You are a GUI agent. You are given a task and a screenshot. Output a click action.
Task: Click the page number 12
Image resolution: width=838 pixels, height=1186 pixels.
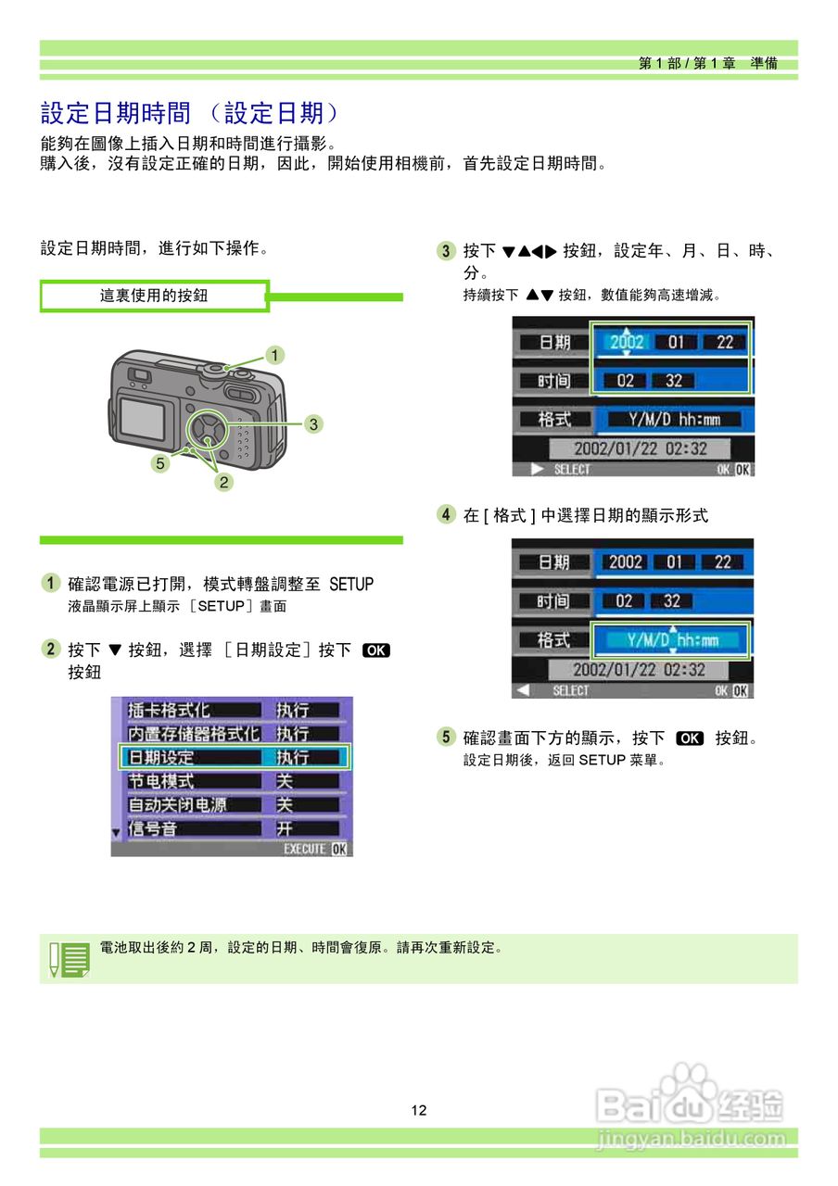pos(419,1110)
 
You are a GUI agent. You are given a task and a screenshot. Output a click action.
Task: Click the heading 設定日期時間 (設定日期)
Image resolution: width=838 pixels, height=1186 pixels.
pos(190,113)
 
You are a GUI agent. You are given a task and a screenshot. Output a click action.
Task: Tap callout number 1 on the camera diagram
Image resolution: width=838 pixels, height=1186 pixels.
pos(273,354)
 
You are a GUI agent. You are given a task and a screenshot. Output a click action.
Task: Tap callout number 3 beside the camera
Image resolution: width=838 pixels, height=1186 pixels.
pos(314,424)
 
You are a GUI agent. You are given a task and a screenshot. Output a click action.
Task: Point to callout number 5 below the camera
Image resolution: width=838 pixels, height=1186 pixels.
pos(160,464)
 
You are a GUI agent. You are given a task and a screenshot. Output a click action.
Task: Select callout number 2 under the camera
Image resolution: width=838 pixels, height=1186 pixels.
pos(223,482)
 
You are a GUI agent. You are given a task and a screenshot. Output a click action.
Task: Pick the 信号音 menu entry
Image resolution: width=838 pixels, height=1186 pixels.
pos(152,828)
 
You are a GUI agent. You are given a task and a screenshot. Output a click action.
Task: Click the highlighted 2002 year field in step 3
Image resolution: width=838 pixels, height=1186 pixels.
pos(627,342)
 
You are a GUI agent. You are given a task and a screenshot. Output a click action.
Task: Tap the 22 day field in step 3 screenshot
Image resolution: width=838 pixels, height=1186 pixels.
pos(724,342)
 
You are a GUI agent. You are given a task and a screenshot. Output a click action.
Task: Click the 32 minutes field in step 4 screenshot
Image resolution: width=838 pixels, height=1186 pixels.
pos(671,600)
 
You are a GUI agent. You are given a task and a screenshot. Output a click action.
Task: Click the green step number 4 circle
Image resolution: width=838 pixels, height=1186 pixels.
pos(447,514)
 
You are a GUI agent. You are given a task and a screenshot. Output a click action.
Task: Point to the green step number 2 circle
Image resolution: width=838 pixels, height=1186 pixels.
pos(51,649)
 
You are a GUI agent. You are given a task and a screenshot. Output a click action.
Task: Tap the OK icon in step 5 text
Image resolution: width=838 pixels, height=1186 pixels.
pos(690,738)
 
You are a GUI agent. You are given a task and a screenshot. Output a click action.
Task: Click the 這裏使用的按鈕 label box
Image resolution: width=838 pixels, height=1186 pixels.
pos(154,296)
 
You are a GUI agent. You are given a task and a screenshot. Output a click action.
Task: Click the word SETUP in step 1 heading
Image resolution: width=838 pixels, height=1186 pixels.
pos(351,584)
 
